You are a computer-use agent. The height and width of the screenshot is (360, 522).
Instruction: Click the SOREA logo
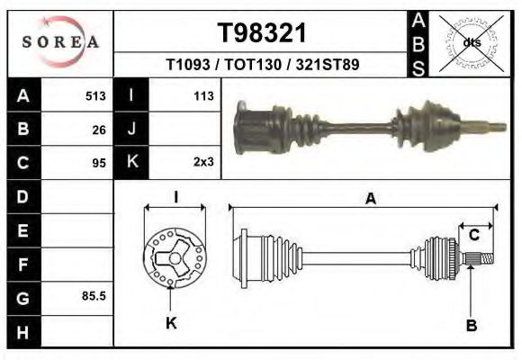tap(60, 41)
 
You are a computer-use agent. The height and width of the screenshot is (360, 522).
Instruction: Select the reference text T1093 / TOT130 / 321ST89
tap(262, 66)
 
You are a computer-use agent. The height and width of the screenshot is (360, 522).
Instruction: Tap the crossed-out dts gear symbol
tap(472, 41)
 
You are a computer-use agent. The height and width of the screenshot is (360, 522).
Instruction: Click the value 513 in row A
tap(95, 95)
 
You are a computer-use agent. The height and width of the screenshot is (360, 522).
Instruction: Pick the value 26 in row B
tap(99, 129)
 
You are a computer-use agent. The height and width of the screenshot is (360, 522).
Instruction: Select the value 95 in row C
tap(99, 163)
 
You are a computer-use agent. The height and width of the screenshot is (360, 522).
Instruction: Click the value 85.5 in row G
tap(94, 295)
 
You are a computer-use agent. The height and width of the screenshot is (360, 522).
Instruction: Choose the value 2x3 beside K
tap(202, 163)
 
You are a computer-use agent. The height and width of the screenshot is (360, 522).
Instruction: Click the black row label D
tap(22, 196)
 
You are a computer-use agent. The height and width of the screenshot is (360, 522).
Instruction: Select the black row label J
tap(131, 129)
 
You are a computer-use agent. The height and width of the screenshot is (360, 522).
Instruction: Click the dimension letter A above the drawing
tap(370, 199)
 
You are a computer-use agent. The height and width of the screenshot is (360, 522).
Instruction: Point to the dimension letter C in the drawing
tap(472, 235)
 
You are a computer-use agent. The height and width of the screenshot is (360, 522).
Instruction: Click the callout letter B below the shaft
tap(470, 324)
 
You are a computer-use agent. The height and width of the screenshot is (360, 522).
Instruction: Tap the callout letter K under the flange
tap(171, 323)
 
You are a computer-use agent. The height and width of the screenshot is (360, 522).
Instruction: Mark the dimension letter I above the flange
tap(176, 197)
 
